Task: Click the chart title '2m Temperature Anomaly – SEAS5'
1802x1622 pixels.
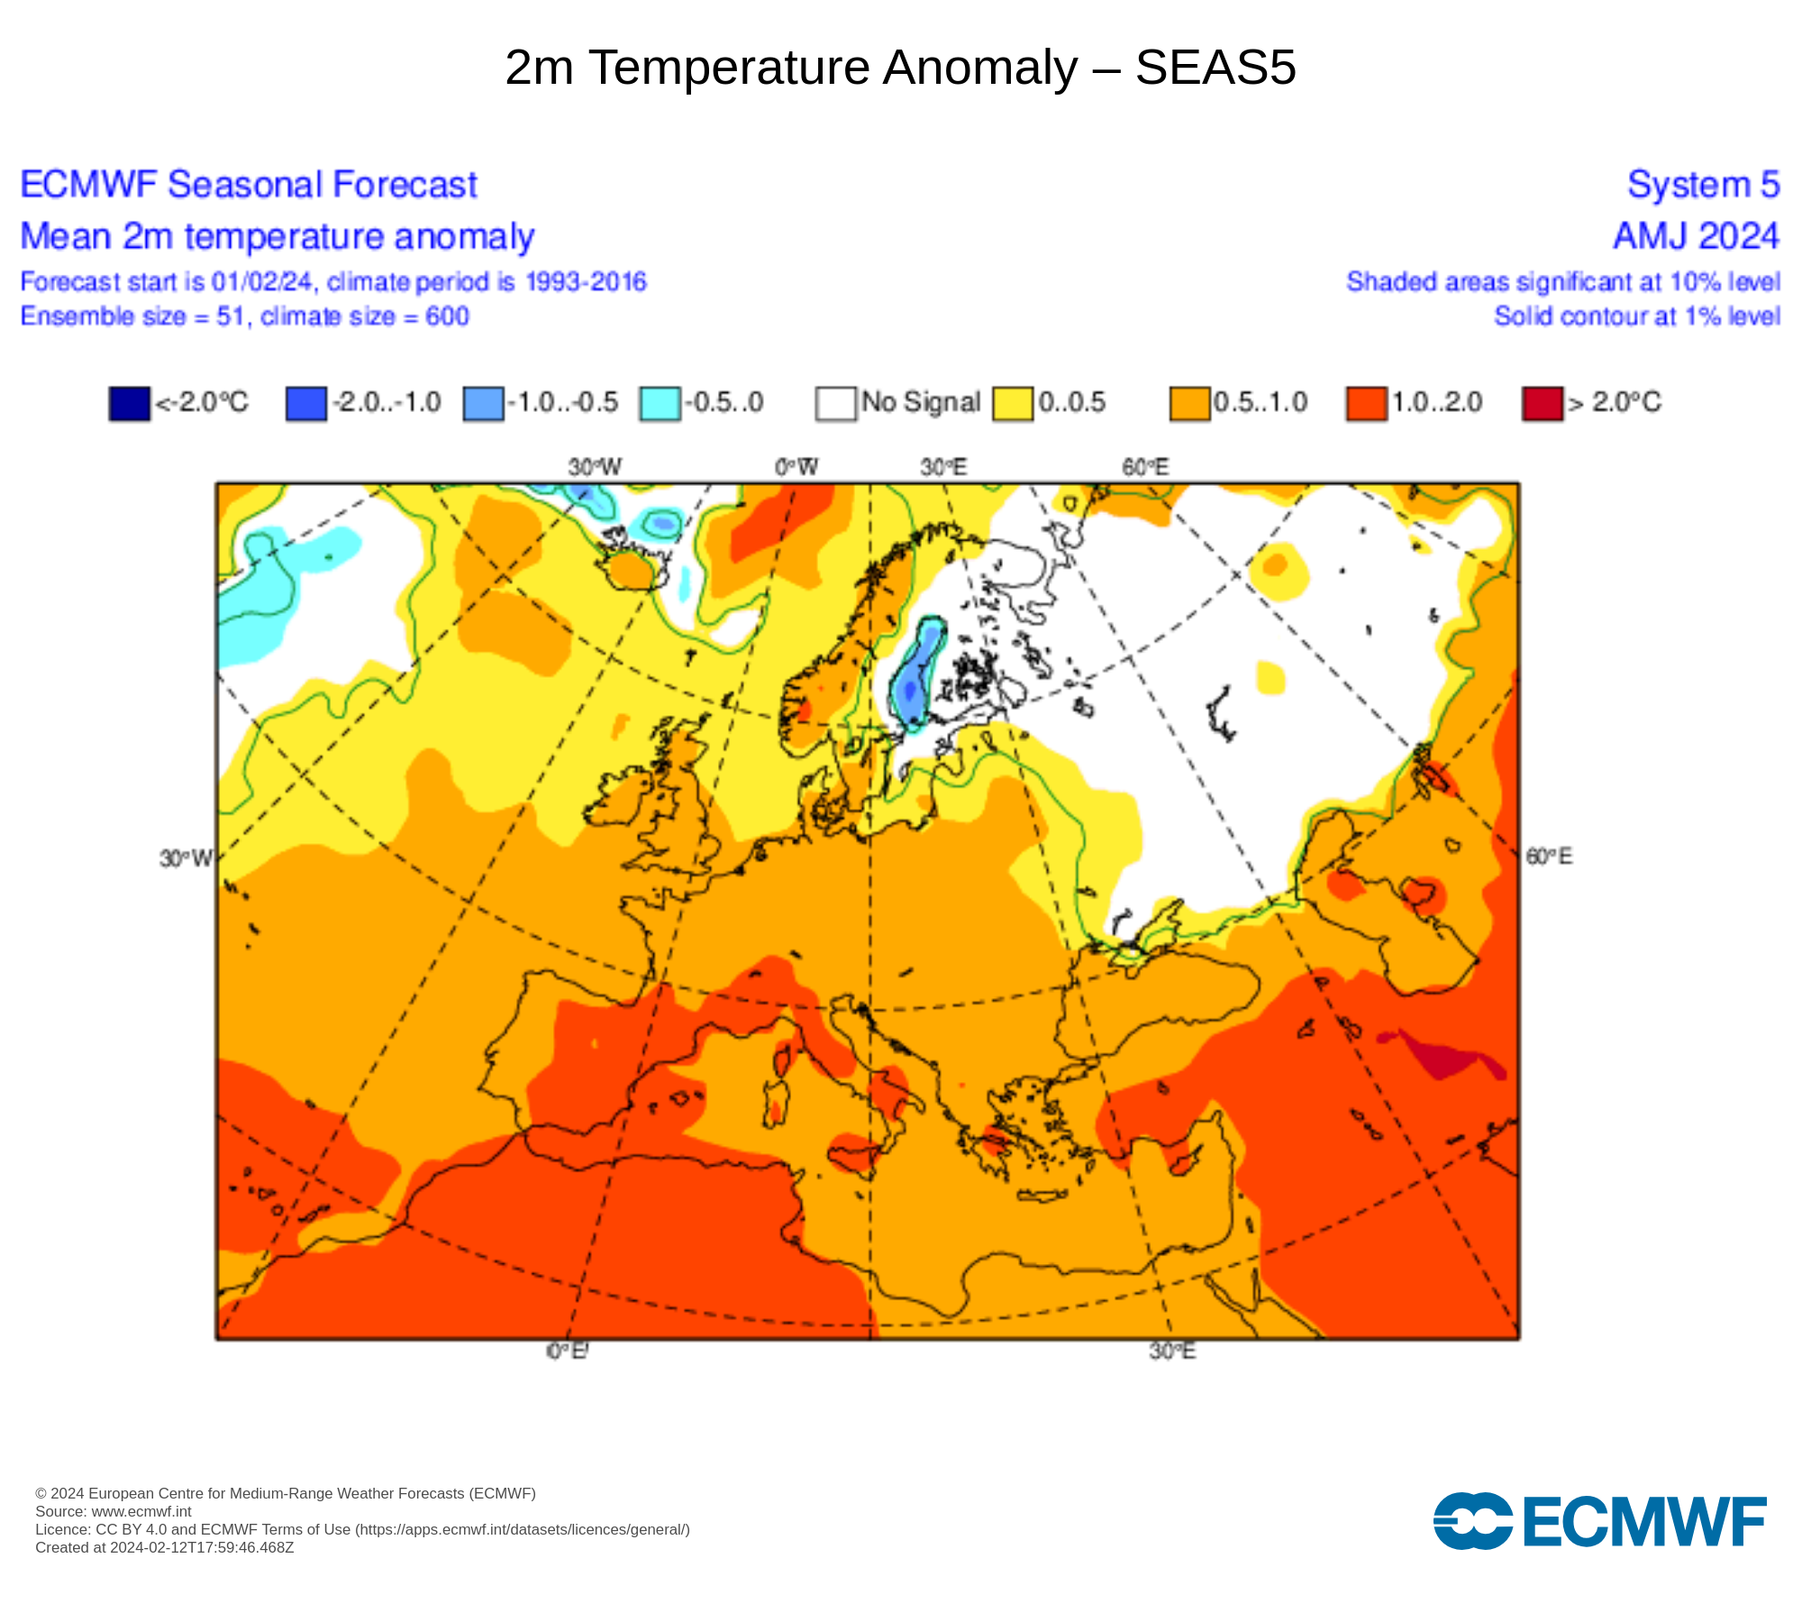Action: (900, 68)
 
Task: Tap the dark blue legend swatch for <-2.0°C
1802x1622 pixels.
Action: (129, 403)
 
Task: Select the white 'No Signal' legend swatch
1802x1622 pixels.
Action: (835, 403)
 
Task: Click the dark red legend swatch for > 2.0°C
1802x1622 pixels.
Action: (1542, 403)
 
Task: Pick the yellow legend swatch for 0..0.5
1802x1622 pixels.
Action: (1013, 403)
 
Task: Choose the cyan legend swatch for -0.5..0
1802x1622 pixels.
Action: (660, 403)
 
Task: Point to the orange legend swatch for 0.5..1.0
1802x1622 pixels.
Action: (1189, 403)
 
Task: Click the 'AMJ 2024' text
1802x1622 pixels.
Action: (1696, 236)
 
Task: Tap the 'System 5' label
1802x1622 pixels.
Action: (1703, 185)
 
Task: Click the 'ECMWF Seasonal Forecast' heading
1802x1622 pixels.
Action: (249, 185)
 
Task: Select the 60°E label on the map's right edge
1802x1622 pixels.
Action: (1549, 856)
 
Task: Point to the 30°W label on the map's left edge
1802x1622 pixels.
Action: (186, 858)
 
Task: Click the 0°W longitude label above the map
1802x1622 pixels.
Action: (796, 467)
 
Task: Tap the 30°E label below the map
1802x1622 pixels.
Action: (1172, 1352)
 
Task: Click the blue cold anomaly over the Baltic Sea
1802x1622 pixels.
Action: (917, 676)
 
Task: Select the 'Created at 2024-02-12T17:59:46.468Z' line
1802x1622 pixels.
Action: (165, 1548)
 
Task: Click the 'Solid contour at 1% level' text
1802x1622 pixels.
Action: (1636, 316)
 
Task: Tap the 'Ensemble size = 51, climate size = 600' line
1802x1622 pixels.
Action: (245, 316)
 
